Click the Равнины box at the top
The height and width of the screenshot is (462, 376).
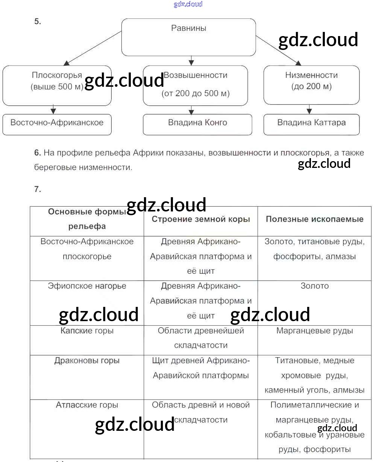[188, 37]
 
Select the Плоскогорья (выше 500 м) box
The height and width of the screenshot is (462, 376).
[57, 85]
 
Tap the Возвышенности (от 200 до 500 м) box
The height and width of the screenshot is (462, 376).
[195, 85]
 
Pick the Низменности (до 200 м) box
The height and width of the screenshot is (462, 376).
[311, 85]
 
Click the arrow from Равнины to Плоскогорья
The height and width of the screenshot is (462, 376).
[93, 48]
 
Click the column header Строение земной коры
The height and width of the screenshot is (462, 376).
[201, 219]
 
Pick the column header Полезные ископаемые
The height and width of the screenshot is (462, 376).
[315, 219]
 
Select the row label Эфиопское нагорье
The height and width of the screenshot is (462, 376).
[87, 286]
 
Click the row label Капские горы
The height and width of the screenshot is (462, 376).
[87, 331]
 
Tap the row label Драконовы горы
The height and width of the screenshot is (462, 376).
[87, 361]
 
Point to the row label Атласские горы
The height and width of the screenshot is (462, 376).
[87, 405]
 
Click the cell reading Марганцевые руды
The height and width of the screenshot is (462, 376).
[315, 331]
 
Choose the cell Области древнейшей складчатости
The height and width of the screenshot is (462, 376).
[201, 338]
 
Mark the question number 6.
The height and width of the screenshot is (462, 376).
[37, 153]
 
